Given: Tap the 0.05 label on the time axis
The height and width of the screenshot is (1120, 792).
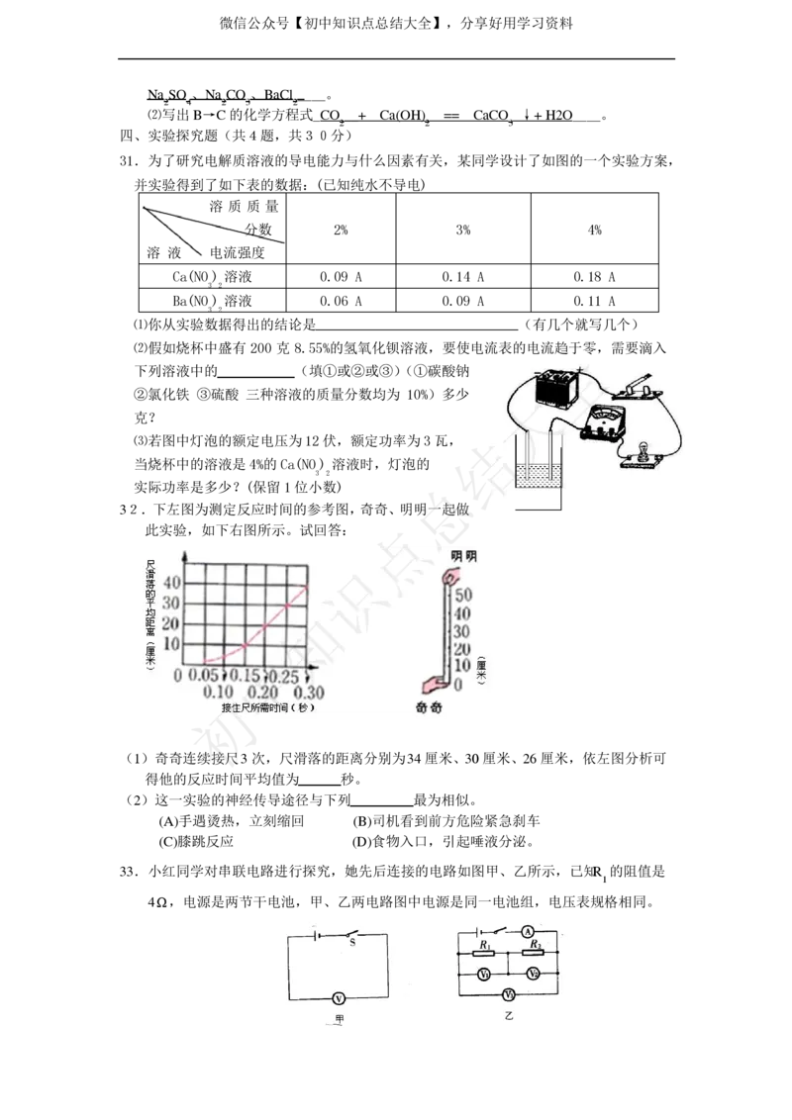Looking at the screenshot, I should [204, 676].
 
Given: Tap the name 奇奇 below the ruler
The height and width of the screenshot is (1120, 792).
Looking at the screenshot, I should [429, 708].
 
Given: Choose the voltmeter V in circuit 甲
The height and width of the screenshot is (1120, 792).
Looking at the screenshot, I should [338, 999].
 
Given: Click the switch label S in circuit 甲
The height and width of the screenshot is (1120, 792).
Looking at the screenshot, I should [351, 944].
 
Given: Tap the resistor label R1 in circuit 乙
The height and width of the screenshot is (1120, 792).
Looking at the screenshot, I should [484, 947].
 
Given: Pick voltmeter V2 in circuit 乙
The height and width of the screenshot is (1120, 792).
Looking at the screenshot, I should [534, 975].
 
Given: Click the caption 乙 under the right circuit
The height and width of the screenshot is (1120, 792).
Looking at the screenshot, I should [510, 1016].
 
